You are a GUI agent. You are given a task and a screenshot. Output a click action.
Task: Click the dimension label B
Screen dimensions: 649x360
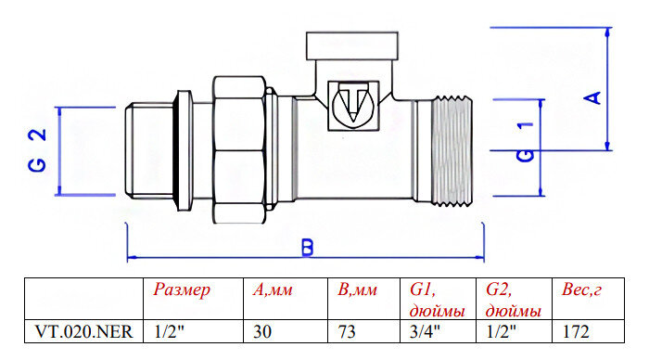click(x=308, y=248)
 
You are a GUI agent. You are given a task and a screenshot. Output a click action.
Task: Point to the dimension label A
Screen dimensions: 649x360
click(x=592, y=97)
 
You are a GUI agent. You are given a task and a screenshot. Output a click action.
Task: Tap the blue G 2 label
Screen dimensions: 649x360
click(x=37, y=150)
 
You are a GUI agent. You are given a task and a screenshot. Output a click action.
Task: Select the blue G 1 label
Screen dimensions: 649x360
click(x=526, y=142)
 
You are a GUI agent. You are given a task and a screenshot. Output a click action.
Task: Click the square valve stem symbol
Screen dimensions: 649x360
click(x=353, y=106)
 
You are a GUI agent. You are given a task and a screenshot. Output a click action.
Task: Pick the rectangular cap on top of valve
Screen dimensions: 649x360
click(x=351, y=45)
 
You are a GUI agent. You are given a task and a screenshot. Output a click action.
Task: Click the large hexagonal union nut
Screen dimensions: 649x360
click(x=239, y=149)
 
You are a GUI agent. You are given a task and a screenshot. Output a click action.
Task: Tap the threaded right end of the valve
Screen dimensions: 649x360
click(x=452, y=151)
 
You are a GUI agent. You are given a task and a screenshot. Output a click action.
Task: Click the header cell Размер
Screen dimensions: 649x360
click(x=182, y=289)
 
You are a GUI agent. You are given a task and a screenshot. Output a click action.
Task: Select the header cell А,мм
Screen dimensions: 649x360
click(x=273, y=289)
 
